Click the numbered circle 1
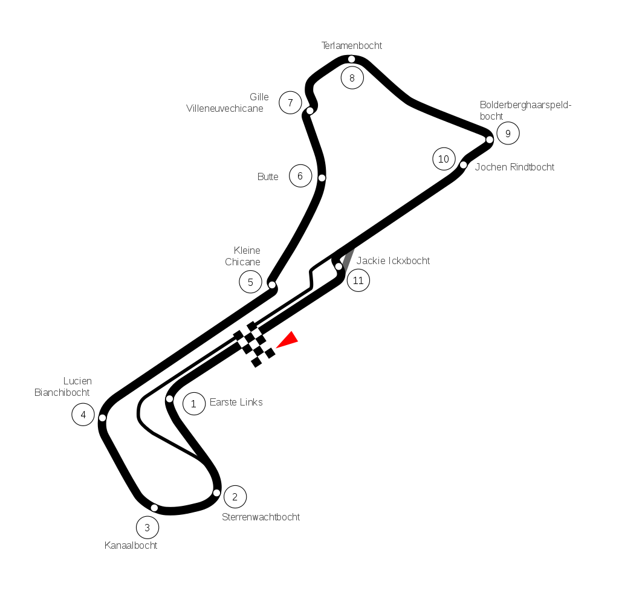pos(193,404)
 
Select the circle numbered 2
pos(235,497)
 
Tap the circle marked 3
pos(147,528)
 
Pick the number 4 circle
pos(83,415)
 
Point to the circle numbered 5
pos(250,282)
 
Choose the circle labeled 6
pos(300,176)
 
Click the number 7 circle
pos(290,103)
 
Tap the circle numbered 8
pos(352,78)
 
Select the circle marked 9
pos(508,134)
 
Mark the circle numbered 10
pos(444,159)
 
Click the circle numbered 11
pos(358,280)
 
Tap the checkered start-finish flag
pos(254,344)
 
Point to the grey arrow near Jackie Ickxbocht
pos(348,260)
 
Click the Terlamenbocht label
pos(352,46)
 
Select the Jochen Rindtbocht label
pos(514,167)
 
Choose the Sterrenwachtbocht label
pos(261,517)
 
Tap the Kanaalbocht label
pos(131,546)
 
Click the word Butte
pos(268,177)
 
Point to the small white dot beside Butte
pos(322,178)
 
